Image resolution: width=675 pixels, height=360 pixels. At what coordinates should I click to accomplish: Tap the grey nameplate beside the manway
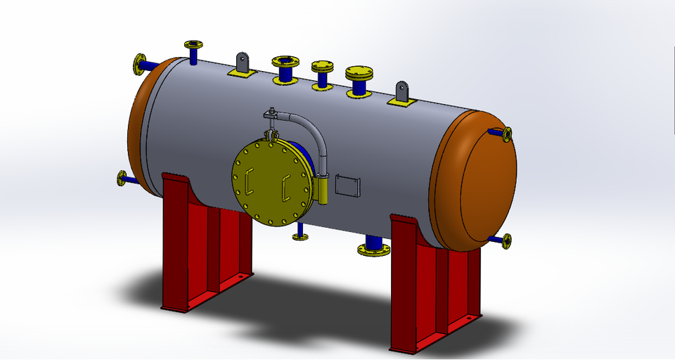click(349, 186)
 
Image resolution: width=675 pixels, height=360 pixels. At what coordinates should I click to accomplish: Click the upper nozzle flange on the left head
click(140, 64)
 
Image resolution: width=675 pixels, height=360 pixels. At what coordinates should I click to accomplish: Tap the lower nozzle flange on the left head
click(123, 179)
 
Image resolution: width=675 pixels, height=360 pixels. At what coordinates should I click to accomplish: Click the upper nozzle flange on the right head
click(507, 134)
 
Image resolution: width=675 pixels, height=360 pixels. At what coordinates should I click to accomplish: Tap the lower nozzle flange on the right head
click(506, 241)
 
